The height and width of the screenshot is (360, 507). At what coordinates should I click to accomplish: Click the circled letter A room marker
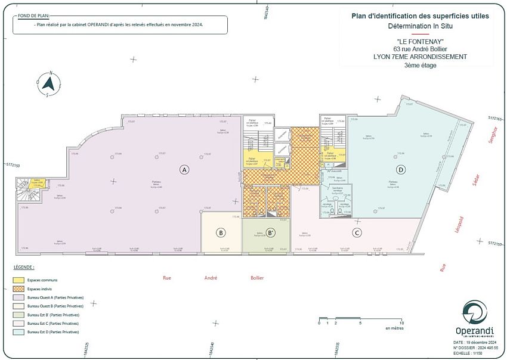pyautogui.click(x=184, y=170)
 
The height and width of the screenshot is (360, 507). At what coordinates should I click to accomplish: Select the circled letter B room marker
pyautogui.click(x=221, y=232)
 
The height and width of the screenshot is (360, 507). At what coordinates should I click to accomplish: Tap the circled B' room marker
pyautogui.click(x=270, y=232)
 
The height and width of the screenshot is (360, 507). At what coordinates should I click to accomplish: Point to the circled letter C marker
pyautogui.click(x=357, y=232)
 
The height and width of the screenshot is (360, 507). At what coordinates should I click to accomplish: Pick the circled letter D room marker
pyautogui.click(x=401, y=170)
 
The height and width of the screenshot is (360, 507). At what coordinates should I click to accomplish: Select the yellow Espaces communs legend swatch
pyautogui.click(x=19, y=280)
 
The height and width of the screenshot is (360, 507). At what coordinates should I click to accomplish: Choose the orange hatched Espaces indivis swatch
pyautogui.click(x=19, y=288)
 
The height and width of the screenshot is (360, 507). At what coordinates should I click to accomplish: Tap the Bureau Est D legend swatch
pyautogui.click(x=19, y=331)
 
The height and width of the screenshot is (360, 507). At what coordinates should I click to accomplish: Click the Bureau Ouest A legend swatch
pyautogui.click(x=19, y=297)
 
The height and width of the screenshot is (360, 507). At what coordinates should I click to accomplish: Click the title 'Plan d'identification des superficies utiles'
pyautogui.click(x=420, y=16)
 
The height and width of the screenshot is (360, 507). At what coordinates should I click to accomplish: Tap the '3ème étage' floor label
pyautogui.click(x=420, y=66)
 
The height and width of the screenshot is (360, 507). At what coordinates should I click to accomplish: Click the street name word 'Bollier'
pyautogui.click(x=257, y=278)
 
